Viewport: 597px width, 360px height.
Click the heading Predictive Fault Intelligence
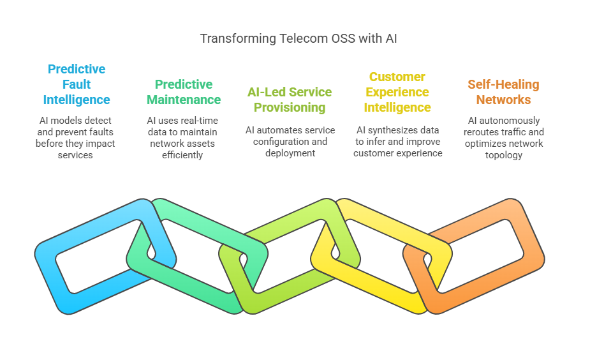(77, 84)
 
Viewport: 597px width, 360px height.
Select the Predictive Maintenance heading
(184, 92)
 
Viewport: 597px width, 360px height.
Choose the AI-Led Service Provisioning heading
(290, 100)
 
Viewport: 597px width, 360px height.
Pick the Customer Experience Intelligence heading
(397, 92)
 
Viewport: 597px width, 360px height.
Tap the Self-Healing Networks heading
(503, 92)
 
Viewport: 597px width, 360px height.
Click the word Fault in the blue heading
(77, 84)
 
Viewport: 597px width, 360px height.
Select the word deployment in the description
(290, 153)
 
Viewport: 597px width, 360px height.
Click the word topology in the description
(503, 155)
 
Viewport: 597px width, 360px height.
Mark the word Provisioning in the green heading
(290, 107)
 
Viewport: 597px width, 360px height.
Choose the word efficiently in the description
(182, 155)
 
